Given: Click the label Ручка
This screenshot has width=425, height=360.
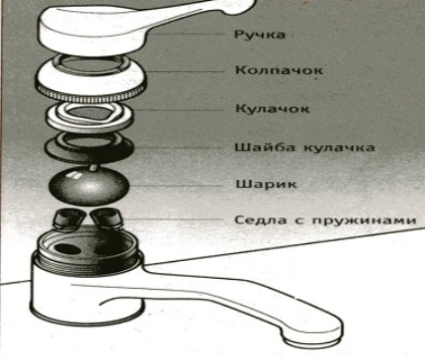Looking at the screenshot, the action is [260, 35].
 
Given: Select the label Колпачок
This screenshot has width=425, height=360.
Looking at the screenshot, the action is [279, 70].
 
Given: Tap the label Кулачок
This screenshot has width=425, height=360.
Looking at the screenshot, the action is [273, 109].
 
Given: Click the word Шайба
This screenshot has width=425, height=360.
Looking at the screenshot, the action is [265, 147].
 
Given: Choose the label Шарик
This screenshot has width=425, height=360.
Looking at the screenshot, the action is [267, 184].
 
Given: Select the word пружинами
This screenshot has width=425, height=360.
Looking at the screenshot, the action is [364, 221].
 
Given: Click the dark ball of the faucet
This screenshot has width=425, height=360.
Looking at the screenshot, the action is [88, 186].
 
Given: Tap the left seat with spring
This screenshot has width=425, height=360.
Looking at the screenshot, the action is [68, 218].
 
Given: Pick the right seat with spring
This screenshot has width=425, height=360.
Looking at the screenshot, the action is [106, 219].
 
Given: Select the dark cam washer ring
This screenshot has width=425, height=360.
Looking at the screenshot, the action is [89, 147].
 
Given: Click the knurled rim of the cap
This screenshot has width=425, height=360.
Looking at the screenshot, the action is [91, 92].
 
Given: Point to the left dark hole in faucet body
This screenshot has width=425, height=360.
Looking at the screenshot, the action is [67, 249].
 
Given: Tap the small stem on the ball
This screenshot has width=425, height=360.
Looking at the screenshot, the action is [94, 167].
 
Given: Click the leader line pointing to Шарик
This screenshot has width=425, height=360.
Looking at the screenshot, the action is [176, 186].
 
